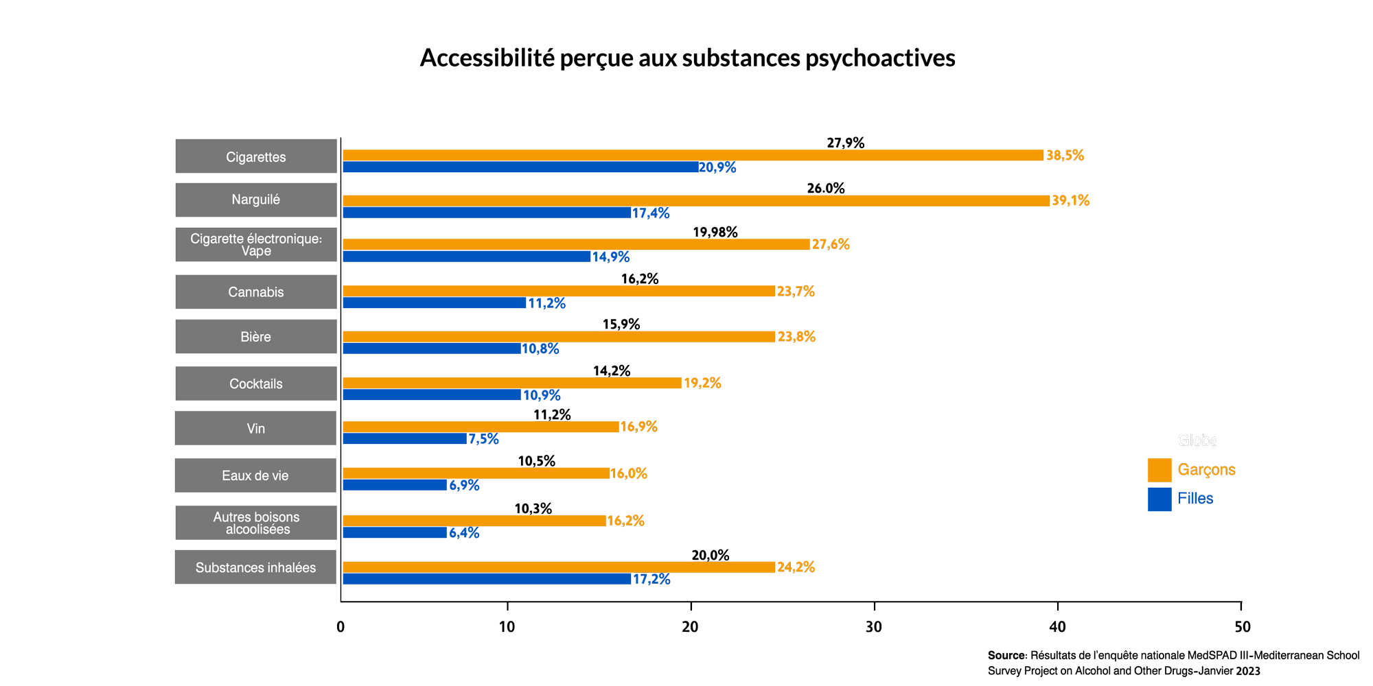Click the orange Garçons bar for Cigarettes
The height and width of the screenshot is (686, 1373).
click(x=693, y=155)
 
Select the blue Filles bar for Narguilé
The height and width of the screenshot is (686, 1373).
click(x=487, y=213)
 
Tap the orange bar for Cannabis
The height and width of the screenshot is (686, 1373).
click(x=559, y=291)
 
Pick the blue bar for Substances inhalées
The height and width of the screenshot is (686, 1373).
click(x=487, y=579)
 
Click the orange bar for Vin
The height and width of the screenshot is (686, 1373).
click(x=481, y=427)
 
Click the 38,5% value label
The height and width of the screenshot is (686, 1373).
click(x=1065, y=156)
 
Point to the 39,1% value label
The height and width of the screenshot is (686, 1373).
click(x=1070, y=200)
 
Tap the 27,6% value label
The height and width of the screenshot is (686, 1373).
click(x=831, y=245)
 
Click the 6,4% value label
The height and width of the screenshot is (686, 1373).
click(x=463, y=533)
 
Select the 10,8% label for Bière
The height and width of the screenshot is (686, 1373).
click(x=540, y=349)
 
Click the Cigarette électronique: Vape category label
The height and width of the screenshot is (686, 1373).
click(x=256, y=245)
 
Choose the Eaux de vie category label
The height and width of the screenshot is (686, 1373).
click(x=255, y=475)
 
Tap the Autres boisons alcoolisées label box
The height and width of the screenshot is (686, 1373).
click(x=256, y=523)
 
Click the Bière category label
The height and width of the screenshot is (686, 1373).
click(x=256, y=337)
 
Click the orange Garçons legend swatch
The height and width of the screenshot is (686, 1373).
click(x=1159, y=470)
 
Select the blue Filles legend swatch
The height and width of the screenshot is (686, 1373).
click(x=1159, y=499)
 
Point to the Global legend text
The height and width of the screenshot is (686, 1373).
click(x=1197, y=440)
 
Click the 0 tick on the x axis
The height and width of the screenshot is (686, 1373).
click(x=341, y=626)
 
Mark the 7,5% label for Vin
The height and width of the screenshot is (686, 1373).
click(x=483, y=439)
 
